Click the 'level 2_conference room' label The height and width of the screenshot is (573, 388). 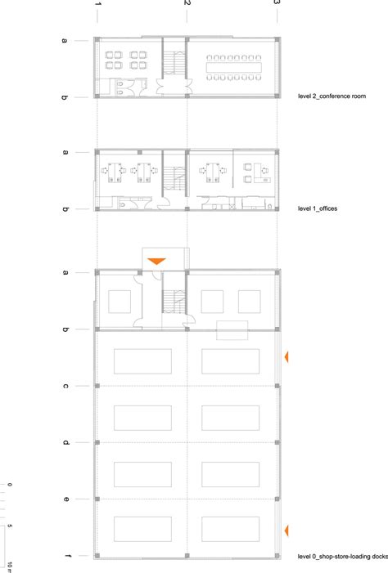tap(332, 96)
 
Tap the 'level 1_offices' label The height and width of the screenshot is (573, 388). tap(318, 208)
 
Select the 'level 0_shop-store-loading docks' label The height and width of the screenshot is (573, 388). tap(343, 557)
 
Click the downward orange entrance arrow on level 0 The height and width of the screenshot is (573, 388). tap(156, 261)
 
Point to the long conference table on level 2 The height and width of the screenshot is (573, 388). tap(234, 68)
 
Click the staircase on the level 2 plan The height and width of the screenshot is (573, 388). tap(174, 62)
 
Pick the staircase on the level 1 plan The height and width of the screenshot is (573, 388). tap(174, 178)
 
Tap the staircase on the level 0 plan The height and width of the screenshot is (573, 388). tap(174, 302)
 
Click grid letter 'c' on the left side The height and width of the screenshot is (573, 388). tap(65, 386)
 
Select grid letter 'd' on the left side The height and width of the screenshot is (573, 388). tap(65, 442)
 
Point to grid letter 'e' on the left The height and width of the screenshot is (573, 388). tap(65, 499)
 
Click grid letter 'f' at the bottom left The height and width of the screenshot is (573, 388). tap(67, 556)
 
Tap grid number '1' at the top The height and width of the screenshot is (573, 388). tap(97, 3)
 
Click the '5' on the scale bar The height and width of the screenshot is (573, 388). tap(10, 526)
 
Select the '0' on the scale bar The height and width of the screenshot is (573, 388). tap(10, 485)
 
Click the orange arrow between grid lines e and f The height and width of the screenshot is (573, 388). tap(286, 530)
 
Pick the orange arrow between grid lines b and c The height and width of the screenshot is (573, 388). tap(286, 357)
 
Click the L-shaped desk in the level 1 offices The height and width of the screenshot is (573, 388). tap(262, 172)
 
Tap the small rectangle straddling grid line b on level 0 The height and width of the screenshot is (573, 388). tap(232, 330)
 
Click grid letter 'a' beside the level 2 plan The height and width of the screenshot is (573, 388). tap(65, 41)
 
